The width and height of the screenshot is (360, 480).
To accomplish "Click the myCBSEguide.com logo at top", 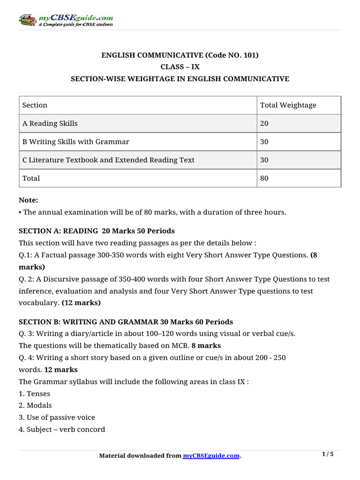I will pos(66,20).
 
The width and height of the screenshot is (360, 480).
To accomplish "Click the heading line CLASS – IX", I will pos(180,67).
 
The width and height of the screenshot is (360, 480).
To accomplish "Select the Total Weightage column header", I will pos(288,105).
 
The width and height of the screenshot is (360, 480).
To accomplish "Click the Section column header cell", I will pos(35,105).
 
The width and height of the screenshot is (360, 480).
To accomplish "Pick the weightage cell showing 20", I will pos(264,124).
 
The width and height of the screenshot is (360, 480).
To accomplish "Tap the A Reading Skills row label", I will pos(50,124).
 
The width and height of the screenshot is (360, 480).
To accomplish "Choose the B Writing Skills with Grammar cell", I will pos(76,142).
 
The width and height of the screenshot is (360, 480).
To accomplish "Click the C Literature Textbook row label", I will pos(108,160).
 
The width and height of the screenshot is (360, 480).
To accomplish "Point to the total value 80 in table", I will pos(264,178).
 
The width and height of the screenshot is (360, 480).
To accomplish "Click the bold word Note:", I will pos(28,200).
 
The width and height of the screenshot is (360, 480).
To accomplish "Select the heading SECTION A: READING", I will pos(59,232).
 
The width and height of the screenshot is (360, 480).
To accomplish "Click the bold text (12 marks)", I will pos(81,303).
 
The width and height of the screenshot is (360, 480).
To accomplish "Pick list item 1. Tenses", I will pos(34,394).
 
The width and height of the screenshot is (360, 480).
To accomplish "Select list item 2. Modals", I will pos(35,405).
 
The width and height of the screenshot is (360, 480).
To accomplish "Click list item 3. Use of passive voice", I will pos(57,417).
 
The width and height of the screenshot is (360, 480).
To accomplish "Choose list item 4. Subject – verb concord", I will pos(62,429).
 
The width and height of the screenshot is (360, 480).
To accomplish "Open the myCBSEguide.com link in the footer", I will pos(211,456).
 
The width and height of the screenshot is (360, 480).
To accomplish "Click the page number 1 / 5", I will pos(328,454).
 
